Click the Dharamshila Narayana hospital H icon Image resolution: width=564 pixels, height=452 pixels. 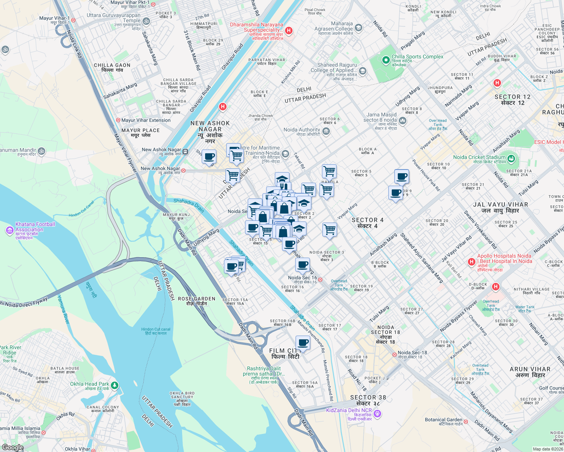pyautogui.click(x=289, y=31)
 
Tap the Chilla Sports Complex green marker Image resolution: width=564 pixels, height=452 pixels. pyautogui.click(x=385, y=60)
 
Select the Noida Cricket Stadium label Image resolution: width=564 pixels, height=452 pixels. pyautogui.click(x=479, y=157)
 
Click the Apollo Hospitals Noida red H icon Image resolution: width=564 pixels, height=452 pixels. pyautogui.click(x=471, y=261)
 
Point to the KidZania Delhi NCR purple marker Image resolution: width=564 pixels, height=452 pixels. pyautogui.click(x=377, y=414)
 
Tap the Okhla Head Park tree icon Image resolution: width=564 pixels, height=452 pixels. pyautogui.click(x=115, y=385)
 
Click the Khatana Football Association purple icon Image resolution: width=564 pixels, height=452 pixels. pyautogui.click(x=10, y=230)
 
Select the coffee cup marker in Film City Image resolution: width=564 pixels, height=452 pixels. pyautogui.click(x=303, y=343)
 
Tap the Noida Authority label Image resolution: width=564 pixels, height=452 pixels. pyautogui.click(x=302, y=130)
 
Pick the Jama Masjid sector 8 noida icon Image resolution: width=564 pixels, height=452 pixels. pyautogui.click(x=403, y=121)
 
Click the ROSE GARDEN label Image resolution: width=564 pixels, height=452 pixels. pyautogui.click(x=196, y=299)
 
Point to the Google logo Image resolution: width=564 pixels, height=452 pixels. pyautogui.click(x=12, y=447)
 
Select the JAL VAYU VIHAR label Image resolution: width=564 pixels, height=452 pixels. pyautogui.click(x=500, y=205)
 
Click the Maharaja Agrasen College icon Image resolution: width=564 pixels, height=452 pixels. pyautogui.click(x=359, y=27)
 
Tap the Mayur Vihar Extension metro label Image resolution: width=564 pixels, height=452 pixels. pyautogui.click(x=146, y=120)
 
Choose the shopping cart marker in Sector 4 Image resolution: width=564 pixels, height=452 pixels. pyautogui.click(x=330, y=229)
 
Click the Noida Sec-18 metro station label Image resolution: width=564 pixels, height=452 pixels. pyautogui.click(x=412, y=353)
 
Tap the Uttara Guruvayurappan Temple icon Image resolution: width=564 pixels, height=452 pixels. pyautogui.click(x=146, y=21)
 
